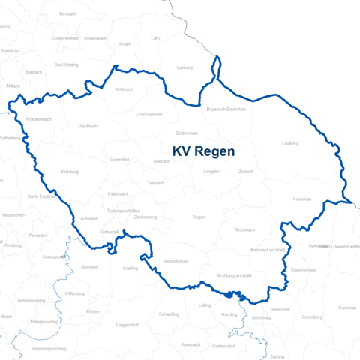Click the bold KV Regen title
point(203,151)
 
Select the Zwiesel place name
point(245,172)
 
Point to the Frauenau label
point(304,199)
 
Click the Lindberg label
point(289,143)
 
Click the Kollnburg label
point(70,172)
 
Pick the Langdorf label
point(212,172)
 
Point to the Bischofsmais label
point(154,261)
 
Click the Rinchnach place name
point(244,229)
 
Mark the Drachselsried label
point(148,114)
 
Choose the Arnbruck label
point(124,89)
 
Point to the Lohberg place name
point(184,67)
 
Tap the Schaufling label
point(169,314)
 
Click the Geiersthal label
point(120,160)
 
